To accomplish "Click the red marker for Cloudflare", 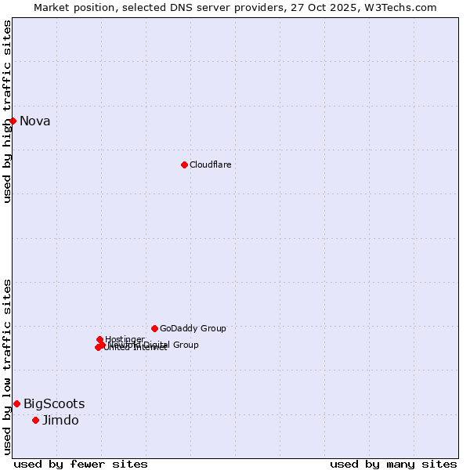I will pyautogui.click(x=184, y=164).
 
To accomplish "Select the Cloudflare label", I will pyautogui.click(x=210, y=164).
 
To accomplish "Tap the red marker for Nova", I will pyautogui.click(x=13, y=121).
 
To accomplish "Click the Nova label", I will pyautogui.click(x=34, y=121).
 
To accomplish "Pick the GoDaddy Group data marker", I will pyautogui.click(x=154, y=328).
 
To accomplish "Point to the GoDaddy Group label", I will pyautogui.click(x=193, y=328).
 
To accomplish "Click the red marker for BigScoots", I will pyautogui.click(x=16, y=403).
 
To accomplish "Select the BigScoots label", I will pyautogui.click(x=54, y=404).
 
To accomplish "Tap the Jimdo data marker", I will pyautogui.click(x=35, y=420).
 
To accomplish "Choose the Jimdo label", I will pyautogui.click(x=60, y=421).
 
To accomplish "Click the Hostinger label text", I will pyautogui.click(x=125, y=339).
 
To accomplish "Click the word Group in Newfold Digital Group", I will pyautogui.click(x=186, y=345).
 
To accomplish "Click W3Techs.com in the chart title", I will pyautogui.click(x=404, y=7).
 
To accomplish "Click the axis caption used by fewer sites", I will pyautogui.click(x=81, y=464).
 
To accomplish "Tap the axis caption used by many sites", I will pyautogui.click(x=393, y=464).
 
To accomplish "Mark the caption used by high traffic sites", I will pyautogui.click(x=8, y=111).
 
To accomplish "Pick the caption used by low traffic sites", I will pyautogui.click(x=8, y=367).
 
